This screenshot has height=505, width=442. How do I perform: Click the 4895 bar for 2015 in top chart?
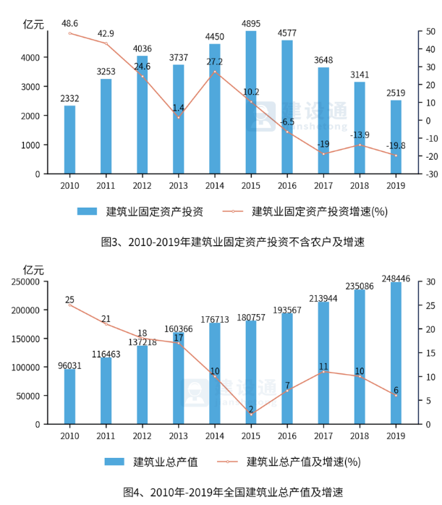click(x=251, y=101)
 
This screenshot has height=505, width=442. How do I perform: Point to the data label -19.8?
click(x=394, y=145)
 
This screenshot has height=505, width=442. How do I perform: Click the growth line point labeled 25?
click(x=69, y=305)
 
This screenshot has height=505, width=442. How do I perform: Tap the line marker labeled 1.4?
click(x=179, y=117)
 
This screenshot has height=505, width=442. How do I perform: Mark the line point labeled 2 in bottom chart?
click(x=251, y=414)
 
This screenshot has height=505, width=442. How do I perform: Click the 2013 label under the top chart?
click(x=179, y=185)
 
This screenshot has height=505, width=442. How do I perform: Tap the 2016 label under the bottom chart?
click(x=287, y=436)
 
